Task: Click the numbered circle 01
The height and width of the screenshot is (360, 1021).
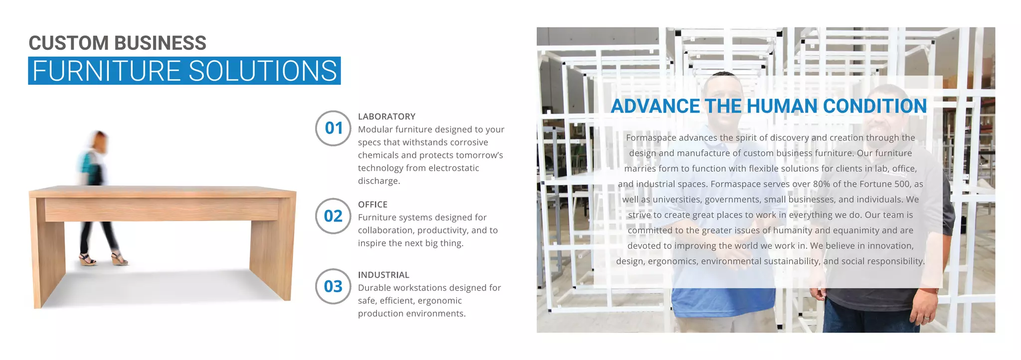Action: pyautogui.click(x=334, y=128)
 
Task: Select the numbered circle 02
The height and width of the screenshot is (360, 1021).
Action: pyautogui.click(x=334, y=216)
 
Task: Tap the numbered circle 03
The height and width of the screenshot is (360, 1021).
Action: pyautogui.click(x=334, y=286)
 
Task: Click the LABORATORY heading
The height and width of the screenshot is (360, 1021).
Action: pyautogui.click(x=386, y=117)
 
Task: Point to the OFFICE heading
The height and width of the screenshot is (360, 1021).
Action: pyautogui.click(x=372, y=204)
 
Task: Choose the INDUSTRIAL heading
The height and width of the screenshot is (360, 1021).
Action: pyautogui.click(x=383, y=275)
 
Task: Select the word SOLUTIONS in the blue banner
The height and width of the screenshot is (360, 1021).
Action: pyautogui.click(x=263, y=71)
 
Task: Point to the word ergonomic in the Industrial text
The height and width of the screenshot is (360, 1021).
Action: pyautogui.click(x=440, y=301)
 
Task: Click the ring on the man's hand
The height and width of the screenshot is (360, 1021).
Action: pyautogui.click(x=926, y=318)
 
